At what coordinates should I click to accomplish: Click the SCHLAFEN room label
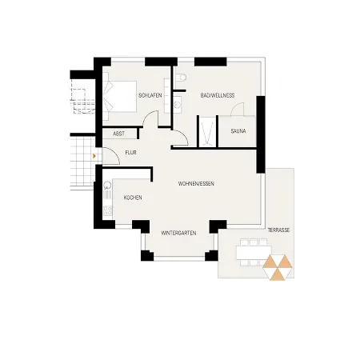coord(150,95)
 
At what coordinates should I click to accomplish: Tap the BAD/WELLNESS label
coord(217,95)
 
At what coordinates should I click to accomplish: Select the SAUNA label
coord(238,130)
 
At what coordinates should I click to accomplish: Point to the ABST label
coord(118,134)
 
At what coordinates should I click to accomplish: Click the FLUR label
coord(130,152)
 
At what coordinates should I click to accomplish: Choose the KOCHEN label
coord(133,197)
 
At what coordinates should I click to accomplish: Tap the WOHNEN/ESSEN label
coord(195,183)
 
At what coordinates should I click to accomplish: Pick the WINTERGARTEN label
coord(178,233)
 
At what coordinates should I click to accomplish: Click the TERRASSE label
coord(280,230)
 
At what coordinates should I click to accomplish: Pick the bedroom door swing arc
coord(151,120)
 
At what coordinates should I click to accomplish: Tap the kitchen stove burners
coord(106,211)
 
